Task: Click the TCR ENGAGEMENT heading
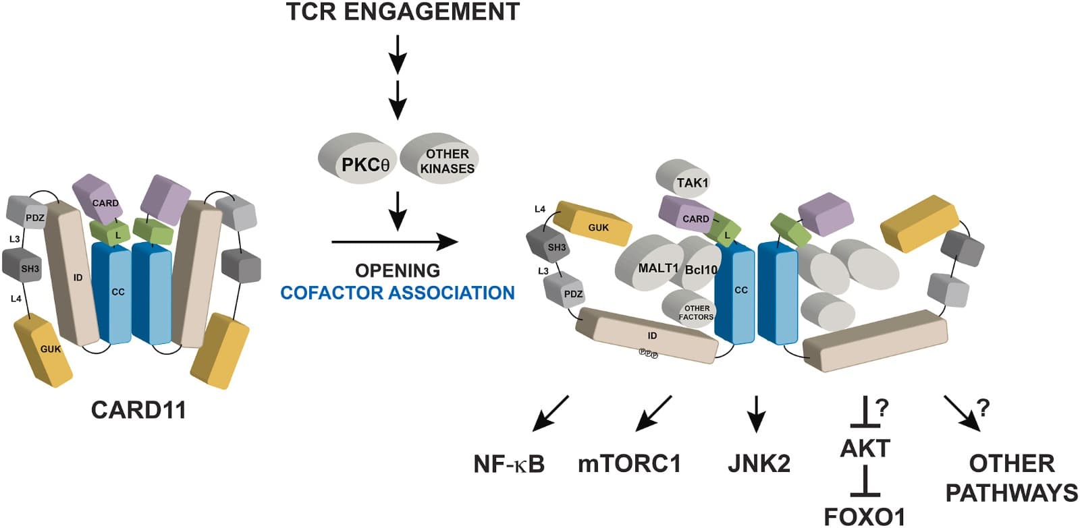pos(403,12)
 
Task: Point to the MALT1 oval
pos(648,267)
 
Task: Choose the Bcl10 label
pos(701,270)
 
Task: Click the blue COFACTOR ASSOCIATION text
pos(398,293)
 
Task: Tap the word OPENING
pos(398,270)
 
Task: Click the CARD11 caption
pos(138,410)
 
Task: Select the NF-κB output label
pos(509,464)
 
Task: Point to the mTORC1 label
pos(629,464)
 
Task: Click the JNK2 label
pos(759,464)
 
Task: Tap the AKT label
pos(865,448)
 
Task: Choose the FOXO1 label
pos(865,516)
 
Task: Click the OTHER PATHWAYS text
pos(1011,478)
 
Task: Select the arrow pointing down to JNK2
pos(756,413)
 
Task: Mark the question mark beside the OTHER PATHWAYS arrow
pos(983,408)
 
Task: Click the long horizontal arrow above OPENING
pos(395,241)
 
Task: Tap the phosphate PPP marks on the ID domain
pos(648,353)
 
